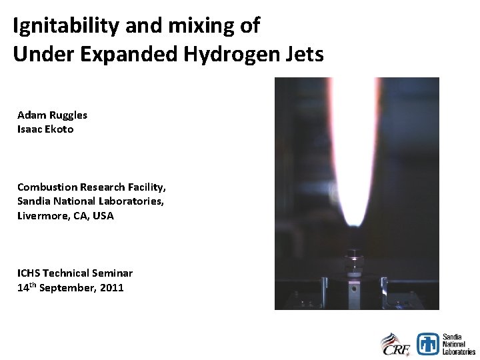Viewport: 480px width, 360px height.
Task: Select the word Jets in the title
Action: point(307,54)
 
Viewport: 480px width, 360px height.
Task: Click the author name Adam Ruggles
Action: point(52,115)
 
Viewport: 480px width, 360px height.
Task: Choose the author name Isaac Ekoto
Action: point(45,129)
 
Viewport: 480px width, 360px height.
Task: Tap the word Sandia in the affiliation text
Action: point(34,201)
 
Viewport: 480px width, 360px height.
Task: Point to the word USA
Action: point(103,215)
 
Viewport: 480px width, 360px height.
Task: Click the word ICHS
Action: point(30,273)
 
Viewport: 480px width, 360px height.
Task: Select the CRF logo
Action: point(395,343)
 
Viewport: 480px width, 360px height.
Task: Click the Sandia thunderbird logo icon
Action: point(427,343)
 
